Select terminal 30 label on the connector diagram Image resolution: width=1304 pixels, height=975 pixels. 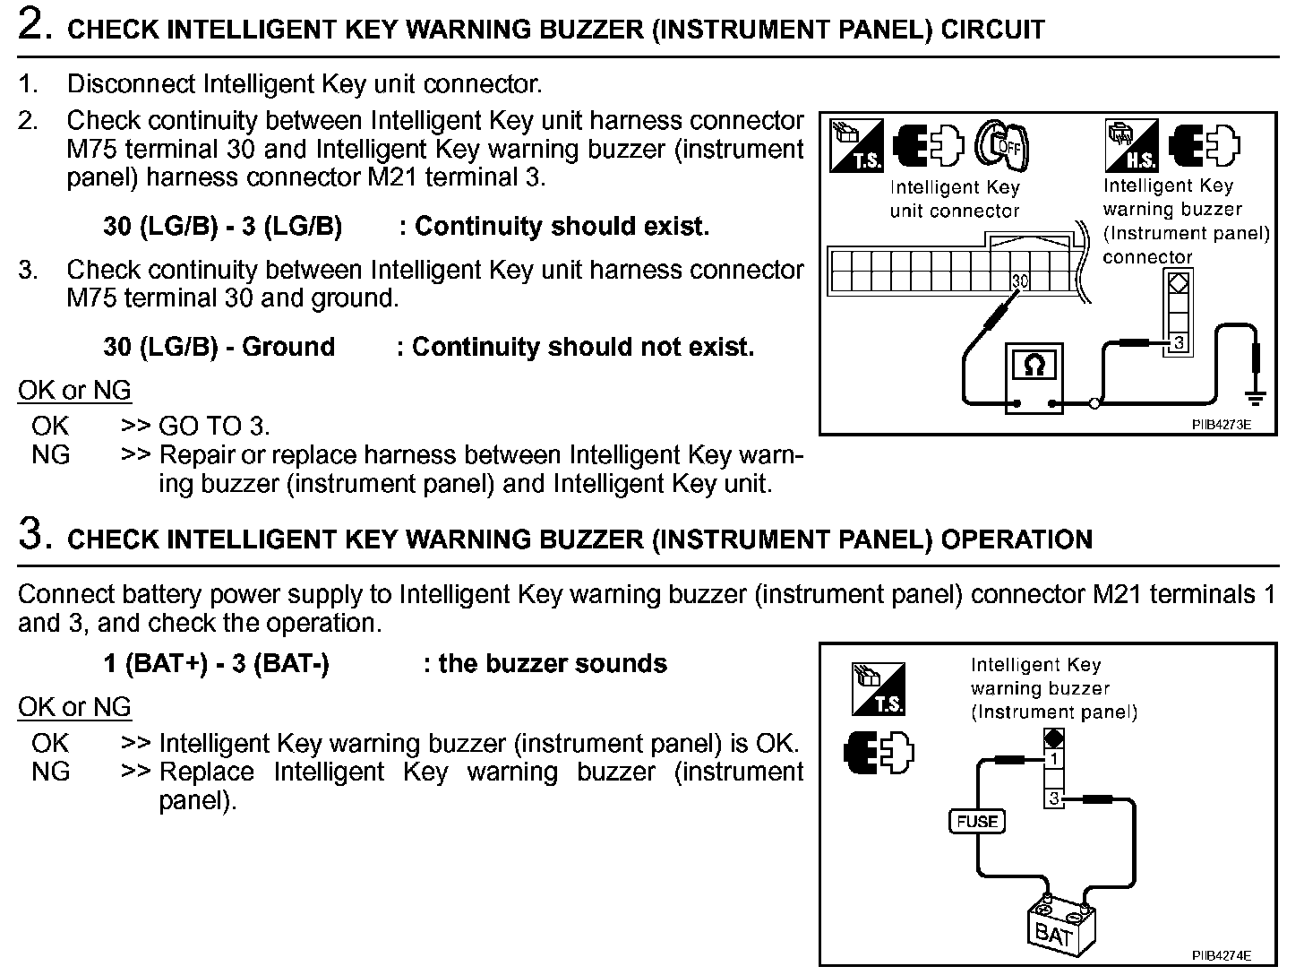pyautogui.click(x=1020, y=281)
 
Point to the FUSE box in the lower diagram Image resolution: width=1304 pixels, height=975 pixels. pyautogui.click(x=977, y=821)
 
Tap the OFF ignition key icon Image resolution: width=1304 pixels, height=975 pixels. pyautogui.click(x=1001, y=145)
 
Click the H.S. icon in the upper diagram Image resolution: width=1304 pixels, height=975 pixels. pyautogui.click(x=1133, y=145)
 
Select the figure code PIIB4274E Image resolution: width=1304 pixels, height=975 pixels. pyautogui.click(x=1221, y=955)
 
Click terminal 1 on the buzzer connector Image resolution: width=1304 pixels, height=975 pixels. pyautogui.click(x=1055, y=759)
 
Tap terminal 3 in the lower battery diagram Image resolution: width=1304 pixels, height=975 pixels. pyautogui.click(x=1055, y=798)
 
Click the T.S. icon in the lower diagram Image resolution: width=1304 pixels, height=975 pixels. pyautogui.click(x=879, y=688)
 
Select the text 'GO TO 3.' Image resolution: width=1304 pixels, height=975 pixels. pyautogui.click(x=214, y=426)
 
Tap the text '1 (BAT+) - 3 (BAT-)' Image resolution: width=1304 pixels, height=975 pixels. pyautogui.click(x=217, y=664)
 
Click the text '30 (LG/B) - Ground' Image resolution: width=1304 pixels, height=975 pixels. pyautogui.click(x=219, y=347)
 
